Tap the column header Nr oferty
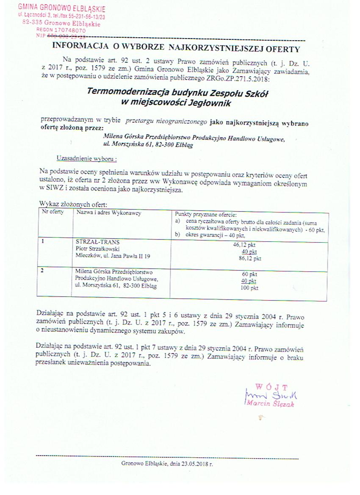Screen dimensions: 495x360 (53, 212)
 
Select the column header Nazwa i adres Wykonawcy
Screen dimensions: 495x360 (108, 213)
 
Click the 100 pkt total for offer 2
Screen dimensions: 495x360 (249, 288)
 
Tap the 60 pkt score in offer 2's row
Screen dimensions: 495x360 (249, 274)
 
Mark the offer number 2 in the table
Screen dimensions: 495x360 (43, 270)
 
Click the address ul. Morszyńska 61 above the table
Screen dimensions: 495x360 (124, 144)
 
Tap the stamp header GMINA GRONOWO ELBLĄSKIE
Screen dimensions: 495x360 (62, 9)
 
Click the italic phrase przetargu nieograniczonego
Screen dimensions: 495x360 (166, 121)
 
